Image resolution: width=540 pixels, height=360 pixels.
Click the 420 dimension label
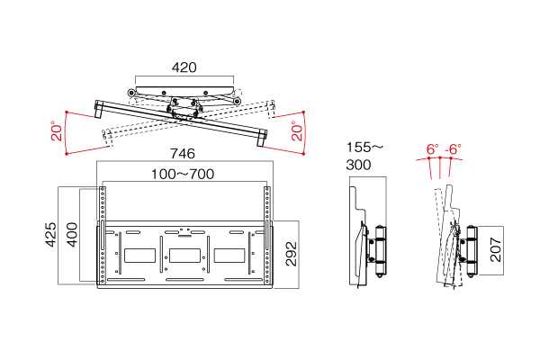[184, 67]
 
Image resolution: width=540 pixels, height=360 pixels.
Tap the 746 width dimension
[183, 154]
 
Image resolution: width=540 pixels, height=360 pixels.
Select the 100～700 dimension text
[183, 174]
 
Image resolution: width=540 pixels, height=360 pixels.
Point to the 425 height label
[51, 235]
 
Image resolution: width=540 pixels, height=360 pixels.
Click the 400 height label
[72, 235]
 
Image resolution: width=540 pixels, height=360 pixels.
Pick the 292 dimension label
[292, 254]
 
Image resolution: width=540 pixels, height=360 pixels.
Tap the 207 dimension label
[496, 249]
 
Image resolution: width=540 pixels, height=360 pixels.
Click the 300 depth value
[358, 165]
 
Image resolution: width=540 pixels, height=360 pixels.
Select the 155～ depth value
[364, 148]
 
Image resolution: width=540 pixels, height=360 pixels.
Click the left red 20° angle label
[57, 130]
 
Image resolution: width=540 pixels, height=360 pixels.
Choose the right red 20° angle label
[297, 130]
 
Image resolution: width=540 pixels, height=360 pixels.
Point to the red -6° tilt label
[454, 149]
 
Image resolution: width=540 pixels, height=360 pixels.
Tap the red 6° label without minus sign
[433, 149]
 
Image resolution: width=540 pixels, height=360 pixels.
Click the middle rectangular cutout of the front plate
[184, 256]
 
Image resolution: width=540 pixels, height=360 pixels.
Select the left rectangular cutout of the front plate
[139, 256]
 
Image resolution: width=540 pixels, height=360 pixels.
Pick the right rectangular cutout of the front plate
[229, 256]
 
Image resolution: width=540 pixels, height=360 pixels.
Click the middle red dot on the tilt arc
[440, 157]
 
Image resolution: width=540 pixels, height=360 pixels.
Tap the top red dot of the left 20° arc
[67, 112]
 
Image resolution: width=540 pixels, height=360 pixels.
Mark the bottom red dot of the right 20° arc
[303, 154]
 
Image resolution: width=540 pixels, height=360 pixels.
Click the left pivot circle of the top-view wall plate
[130, 93]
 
